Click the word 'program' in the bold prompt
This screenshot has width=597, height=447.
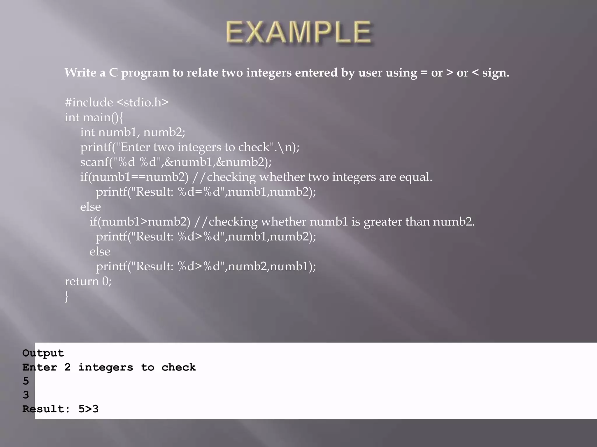tap(145, 73)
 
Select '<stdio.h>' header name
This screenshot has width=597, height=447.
tap(143, 102)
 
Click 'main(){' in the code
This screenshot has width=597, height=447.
tap(103, 118)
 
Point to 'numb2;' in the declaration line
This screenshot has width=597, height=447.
tap(164, 132)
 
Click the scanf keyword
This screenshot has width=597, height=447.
tap(94, 162)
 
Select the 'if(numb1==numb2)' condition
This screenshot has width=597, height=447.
tap(134, 177)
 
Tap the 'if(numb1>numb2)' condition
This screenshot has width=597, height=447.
tap(140, 222)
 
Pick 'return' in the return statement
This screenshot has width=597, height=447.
tap(82, 281)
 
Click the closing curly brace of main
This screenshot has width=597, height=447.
tap(67, 296)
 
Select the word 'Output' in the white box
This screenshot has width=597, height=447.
tap(43, 353)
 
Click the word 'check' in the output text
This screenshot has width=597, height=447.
tap(178, 367)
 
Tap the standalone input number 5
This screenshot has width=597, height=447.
tap(26, 381)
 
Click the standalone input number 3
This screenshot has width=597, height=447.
tap(26, 395)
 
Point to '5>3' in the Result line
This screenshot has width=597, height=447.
tap(88, 409)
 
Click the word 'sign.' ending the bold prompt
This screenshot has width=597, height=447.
tap(496, 73)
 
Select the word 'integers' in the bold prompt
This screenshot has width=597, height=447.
tap(269, 73)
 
